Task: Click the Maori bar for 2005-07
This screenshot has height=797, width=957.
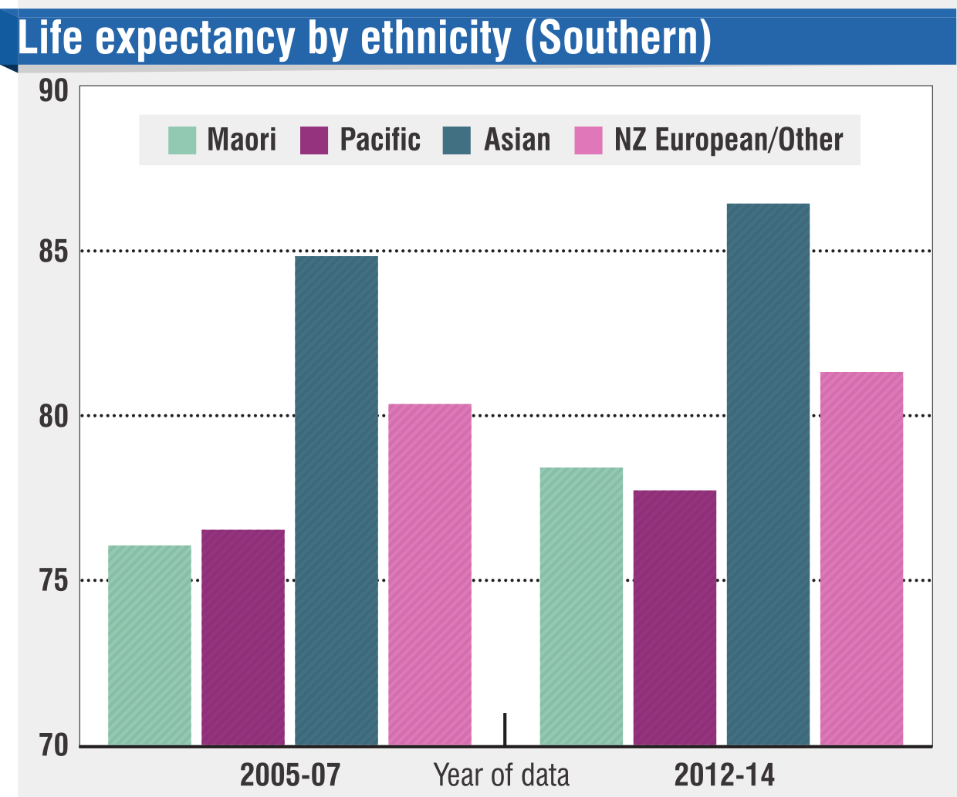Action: (x=150, y=645)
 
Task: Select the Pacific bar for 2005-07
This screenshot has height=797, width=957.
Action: (x=243, y=637)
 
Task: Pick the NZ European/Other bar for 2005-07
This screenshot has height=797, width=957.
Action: (x=430, y=574)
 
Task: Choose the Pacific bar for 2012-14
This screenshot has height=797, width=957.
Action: (x=675, y=617)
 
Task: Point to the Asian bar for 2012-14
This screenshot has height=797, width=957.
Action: (x=768, y=474)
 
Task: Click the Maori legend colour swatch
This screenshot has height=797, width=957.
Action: (x=183, y=140)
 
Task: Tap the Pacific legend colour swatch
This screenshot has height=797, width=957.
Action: (x=314, y=140)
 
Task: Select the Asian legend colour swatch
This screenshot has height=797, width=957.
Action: (x=457, y=140)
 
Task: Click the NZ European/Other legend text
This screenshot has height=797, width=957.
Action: (x=729, y=140)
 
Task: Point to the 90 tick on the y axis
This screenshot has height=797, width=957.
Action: (x=54, y=91)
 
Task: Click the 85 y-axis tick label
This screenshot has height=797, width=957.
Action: (x=54, y=252)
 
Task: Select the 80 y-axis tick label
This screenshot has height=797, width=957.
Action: (x=54, y=417)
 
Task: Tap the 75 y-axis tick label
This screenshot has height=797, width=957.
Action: (x=54, y=581)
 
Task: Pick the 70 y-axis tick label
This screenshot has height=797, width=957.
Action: (x=54, y=745)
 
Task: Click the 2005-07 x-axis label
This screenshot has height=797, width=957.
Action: (x=290, y=775)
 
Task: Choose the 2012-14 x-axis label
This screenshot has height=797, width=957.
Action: (x=725, y=775)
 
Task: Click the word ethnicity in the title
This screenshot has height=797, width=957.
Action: (x=436, y=39)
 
